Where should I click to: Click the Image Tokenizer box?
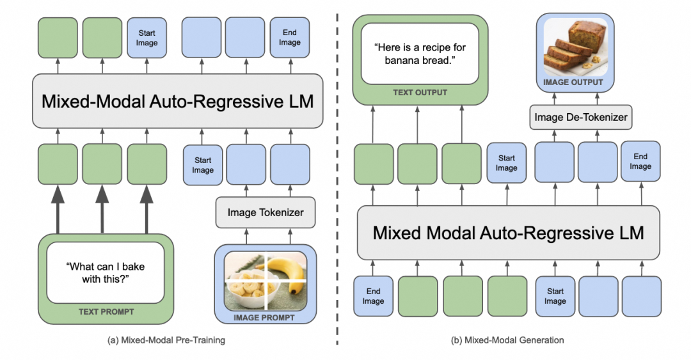coord(264,212)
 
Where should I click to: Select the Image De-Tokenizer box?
coord(580,117)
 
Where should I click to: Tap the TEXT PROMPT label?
coord(106,312)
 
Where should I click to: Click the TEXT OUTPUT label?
coord(420,93)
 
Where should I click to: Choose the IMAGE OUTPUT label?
coord(573,82)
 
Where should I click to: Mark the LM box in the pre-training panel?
coord(173,100)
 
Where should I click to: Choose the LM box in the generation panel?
coord(508,232)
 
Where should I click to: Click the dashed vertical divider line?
coord(337,179)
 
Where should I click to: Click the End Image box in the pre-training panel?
coord(289,38)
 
